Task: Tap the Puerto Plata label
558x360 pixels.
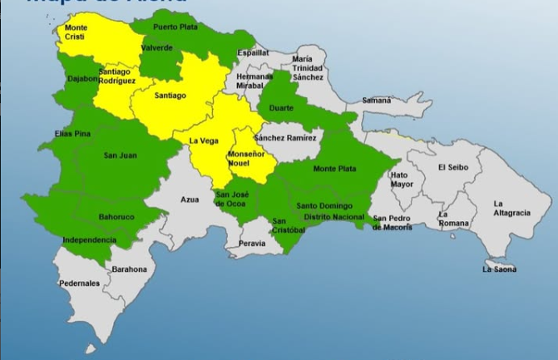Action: (175, 27)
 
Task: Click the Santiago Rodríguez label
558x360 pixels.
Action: (116, 76)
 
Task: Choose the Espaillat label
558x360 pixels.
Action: (252, 52)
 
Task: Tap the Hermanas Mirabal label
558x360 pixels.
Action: (254, 81)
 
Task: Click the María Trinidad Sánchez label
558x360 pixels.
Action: (308, 68)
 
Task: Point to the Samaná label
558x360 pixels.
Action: (376, 100)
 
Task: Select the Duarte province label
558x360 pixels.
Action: (280, 107)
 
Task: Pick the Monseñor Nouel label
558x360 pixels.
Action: (245, 161)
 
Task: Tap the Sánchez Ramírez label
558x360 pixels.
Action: (285, 137)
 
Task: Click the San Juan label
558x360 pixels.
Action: (120, 155)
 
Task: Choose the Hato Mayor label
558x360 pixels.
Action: (400, 180)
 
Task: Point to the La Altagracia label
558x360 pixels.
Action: (511, 208)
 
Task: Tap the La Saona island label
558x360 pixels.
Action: (499, 269)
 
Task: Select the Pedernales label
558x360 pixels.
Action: (79, 284)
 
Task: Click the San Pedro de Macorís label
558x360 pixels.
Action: (392, 223)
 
